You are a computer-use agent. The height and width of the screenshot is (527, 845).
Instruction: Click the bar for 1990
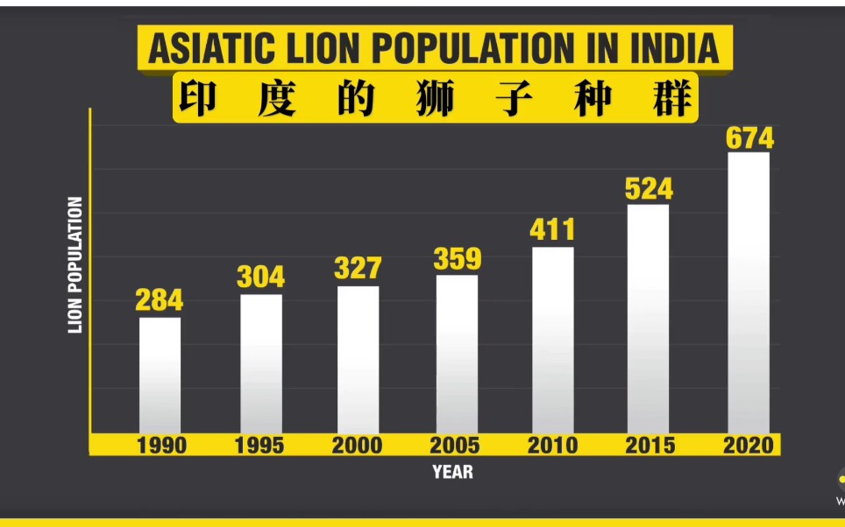click(x=160, y=375)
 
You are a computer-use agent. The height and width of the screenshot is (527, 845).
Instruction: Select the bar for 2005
click(x=457, y=354)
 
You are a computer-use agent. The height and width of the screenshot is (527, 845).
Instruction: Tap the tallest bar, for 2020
click(x=749, y=292)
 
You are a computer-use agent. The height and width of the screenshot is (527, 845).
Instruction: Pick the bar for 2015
click(x=648, y=319)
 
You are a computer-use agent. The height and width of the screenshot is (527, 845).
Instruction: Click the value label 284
click(x=160, y=300)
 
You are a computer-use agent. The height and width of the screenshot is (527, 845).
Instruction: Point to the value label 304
click(x=260, y=277)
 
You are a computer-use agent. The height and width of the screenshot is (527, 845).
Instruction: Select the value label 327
click(x=358, y=268)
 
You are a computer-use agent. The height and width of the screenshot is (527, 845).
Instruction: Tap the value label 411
click(x=552, y=229)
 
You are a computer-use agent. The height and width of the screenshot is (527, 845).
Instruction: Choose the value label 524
click(x=649, y=188)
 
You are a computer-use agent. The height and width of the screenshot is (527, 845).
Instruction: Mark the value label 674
click(x=749, y=138)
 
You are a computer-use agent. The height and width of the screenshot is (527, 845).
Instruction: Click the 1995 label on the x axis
click(x=259, y=446)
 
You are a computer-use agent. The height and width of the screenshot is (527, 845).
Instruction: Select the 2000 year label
click(x=357, y=446)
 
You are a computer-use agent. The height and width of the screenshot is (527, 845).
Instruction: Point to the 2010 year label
click(x=552, y=446)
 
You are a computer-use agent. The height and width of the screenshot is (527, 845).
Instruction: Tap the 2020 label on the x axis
click(x=749, y=446)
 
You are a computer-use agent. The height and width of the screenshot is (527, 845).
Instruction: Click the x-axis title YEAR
click(x=452, y=472)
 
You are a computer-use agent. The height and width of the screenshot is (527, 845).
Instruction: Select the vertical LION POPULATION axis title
click(x=75, y=265)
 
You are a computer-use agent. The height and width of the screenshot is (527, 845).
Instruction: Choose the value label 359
click(x=457, y=259)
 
